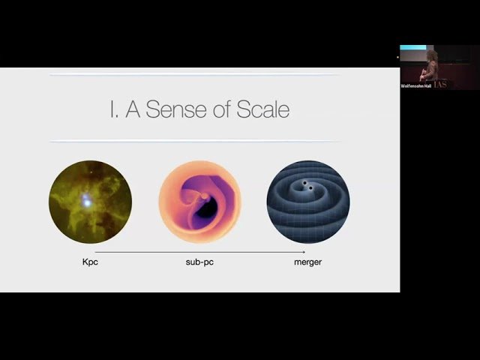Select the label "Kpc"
point(90,262)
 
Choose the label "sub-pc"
point(199,262)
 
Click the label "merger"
point(307,262)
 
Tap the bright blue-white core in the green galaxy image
point(88,201)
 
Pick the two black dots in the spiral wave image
point(306,185)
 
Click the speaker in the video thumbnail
point(431,67)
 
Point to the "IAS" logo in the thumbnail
point(459,82)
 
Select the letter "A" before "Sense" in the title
point(133,109)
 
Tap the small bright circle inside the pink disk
point(204,196)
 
